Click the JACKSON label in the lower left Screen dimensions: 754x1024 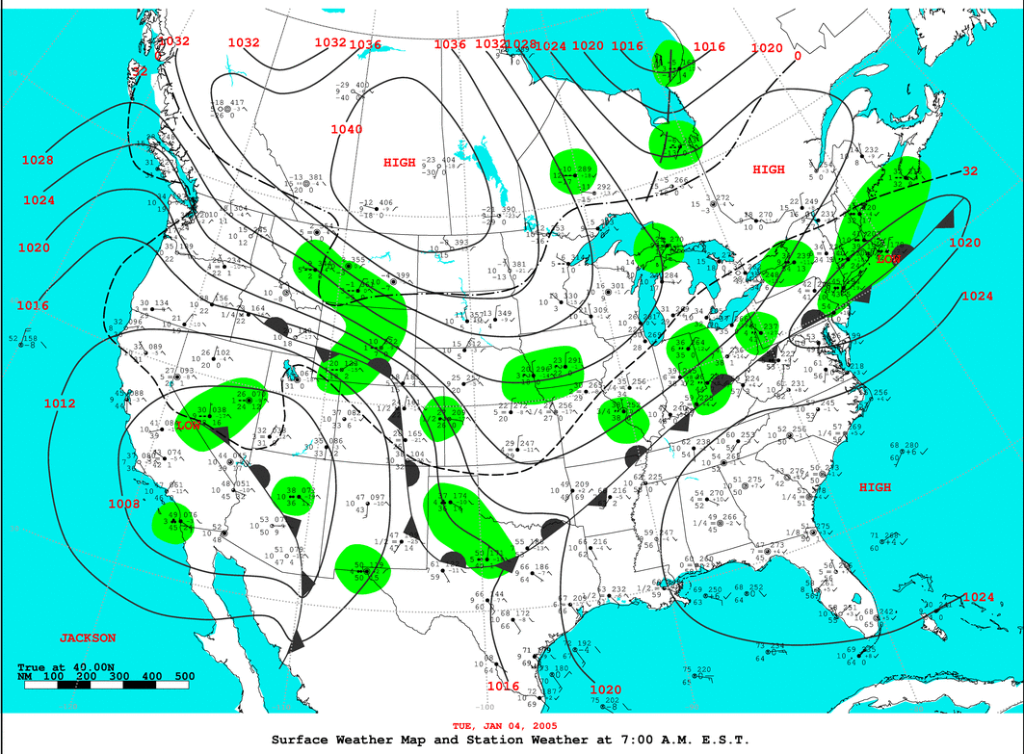click(88, 637)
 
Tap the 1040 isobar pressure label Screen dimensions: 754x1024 click(347, 129)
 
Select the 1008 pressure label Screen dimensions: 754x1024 click(123, 504)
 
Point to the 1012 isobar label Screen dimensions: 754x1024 click(59, 403)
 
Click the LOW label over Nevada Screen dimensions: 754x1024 click(190, 425)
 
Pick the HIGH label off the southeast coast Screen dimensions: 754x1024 click(876, 487)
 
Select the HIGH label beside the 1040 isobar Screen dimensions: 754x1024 click(400, 163)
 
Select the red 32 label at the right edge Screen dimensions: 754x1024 click(970, 170)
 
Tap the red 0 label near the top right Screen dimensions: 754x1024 click(797, 56)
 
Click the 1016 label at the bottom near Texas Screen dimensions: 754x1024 click(503, 686)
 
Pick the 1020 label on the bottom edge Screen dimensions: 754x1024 click(606, 689)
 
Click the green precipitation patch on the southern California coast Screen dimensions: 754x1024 click(174, 523)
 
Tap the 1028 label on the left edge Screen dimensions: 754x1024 click(38, 160)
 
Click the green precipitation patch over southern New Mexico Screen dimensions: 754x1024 click(363, 568)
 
